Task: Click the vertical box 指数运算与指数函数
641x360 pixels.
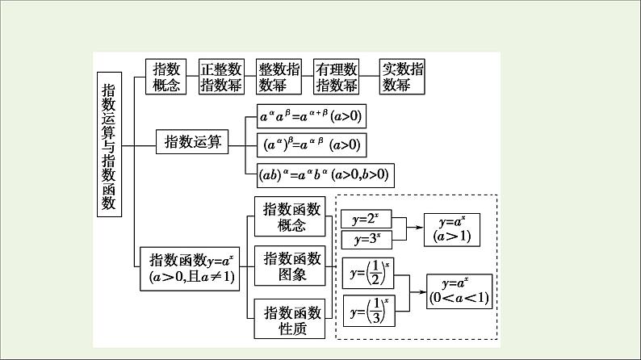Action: coord(108,144)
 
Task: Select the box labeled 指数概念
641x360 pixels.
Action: coord(167,76)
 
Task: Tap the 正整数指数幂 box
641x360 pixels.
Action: coord(221,76)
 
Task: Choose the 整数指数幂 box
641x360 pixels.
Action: coord(279,76)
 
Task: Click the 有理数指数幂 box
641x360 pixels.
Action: coord(337,76)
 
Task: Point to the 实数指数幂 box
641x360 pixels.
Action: coord(402,76)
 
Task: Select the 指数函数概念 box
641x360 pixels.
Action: coord(291,217)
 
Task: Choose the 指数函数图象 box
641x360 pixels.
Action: coord(291,267)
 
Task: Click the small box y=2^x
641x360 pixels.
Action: coord(367,220)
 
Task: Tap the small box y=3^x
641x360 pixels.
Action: coord(367,239)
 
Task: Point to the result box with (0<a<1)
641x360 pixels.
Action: coord(459,291)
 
